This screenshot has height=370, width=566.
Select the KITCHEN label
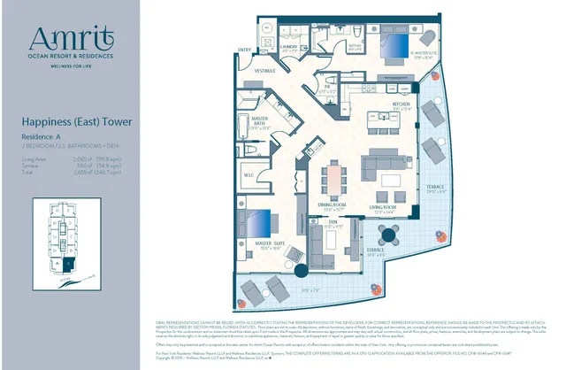click(378, 104)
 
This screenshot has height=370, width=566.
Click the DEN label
click(333, 221)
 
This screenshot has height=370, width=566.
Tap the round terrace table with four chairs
click(388, 236)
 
